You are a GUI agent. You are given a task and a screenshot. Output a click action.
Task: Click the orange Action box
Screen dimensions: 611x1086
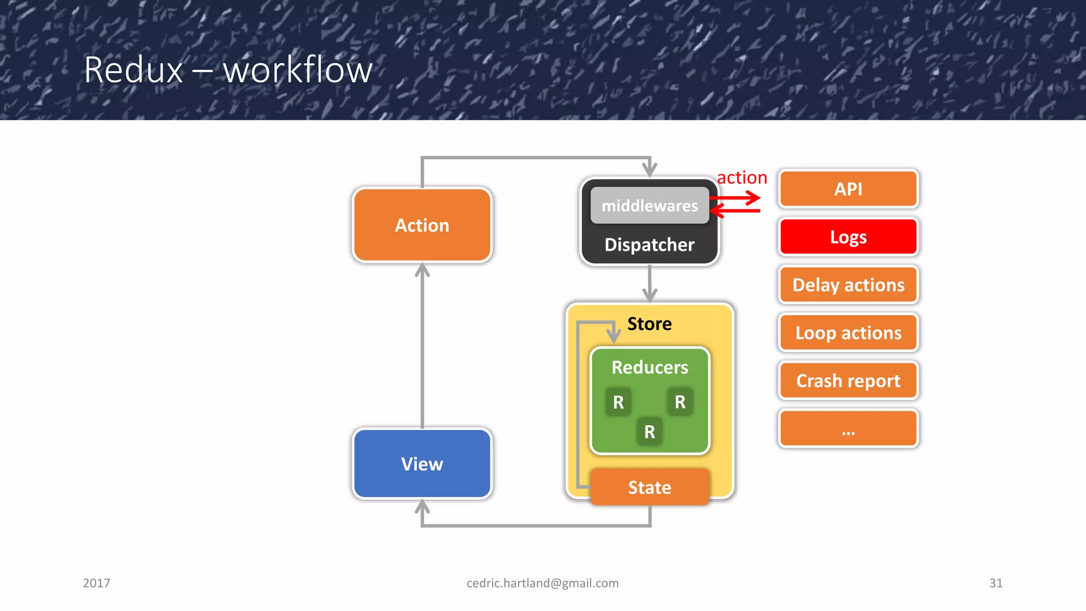coord(422,225)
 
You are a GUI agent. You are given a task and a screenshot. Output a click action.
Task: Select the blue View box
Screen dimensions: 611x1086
coord(422,464)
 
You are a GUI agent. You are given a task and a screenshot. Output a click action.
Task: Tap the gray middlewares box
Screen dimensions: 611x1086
coord(650,205)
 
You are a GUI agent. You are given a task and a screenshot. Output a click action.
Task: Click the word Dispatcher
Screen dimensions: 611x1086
coord(650,245)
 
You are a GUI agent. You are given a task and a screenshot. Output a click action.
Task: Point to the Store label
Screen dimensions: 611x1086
coord(650,324)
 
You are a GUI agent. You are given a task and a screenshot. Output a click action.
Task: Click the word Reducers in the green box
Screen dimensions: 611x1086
coord(650,367)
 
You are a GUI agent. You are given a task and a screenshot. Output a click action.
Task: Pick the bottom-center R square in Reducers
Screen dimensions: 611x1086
coord(650,432)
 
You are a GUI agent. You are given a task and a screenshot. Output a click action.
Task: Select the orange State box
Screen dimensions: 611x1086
coord(650,487)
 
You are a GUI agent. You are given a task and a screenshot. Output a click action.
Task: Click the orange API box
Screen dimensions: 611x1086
coord(848,189)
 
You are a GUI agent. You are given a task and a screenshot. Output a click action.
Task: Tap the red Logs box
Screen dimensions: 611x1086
coord(848,237)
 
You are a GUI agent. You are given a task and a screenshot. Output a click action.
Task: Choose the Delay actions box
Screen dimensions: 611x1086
coord(848,285)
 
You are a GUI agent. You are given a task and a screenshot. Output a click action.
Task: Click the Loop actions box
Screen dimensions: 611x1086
coord(848,333)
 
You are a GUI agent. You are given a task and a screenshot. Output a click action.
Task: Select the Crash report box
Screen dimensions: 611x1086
coord(848,380)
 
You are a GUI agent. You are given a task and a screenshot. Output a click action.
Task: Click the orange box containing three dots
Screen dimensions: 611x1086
coord(848,429)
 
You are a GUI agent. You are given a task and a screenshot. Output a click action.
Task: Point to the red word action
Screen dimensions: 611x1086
coord(742,177)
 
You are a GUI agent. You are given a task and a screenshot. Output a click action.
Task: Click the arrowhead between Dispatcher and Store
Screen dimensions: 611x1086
coord(650,295)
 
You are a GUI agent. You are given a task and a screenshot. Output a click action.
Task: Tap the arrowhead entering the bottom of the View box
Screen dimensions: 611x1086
coord(422,507)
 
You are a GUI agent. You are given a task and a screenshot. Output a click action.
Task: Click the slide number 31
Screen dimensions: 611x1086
coord(996,583)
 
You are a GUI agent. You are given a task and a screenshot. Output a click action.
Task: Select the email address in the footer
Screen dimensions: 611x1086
coord(542,583)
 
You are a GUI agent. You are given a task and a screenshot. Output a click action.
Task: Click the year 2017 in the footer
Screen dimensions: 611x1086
coord(97,583)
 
